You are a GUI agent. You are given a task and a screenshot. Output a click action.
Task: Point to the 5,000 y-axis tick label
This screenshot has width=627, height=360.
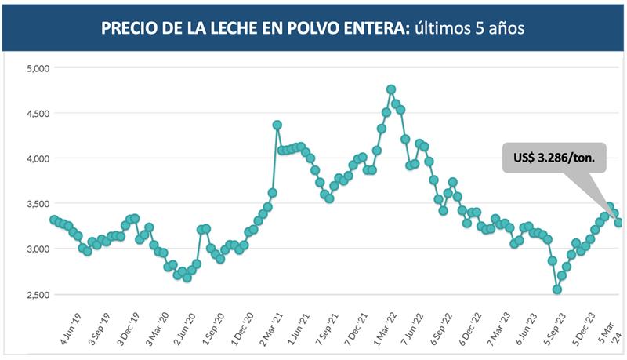38,68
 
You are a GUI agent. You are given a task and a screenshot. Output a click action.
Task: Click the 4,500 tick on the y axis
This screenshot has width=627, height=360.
38,114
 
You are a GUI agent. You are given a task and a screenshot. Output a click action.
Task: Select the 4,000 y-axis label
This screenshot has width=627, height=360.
38,158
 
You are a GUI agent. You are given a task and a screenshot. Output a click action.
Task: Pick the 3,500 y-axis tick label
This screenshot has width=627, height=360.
38,204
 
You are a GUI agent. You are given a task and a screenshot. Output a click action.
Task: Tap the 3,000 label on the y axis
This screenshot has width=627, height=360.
38,249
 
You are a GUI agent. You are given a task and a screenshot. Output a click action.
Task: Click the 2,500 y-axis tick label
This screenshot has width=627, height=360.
38,295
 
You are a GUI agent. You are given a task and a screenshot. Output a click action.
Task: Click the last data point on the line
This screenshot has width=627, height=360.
618,223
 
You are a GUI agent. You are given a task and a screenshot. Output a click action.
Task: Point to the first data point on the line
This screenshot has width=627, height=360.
53,220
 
